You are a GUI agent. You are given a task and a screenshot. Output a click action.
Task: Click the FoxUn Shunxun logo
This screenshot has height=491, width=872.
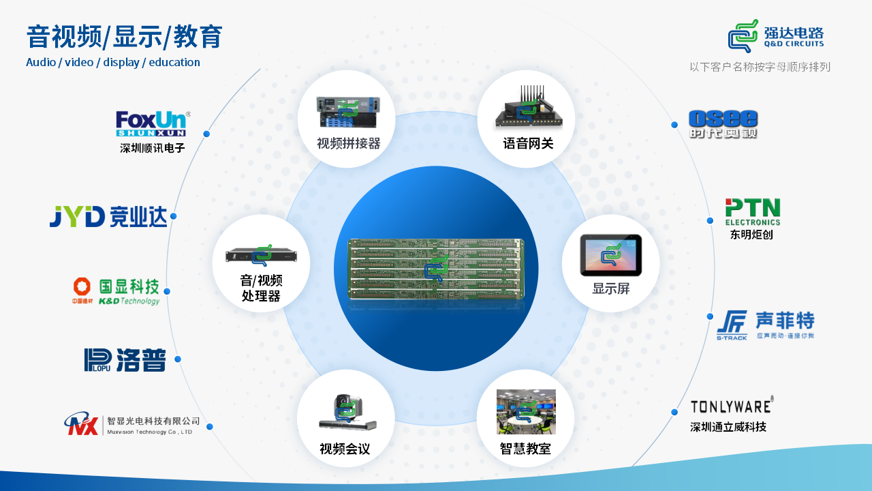click(152, 123)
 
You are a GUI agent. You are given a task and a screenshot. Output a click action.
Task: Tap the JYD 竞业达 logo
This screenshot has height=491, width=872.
click(108, 216)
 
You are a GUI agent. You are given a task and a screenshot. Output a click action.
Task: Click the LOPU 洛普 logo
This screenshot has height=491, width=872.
click(125, 359)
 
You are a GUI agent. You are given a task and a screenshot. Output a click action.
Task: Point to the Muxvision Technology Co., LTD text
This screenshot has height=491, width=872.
click(150, 432)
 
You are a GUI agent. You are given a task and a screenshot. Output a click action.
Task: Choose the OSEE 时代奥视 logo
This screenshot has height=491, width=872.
click(723, 124)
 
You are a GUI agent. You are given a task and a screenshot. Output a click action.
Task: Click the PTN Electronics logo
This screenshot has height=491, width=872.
click(752, 212)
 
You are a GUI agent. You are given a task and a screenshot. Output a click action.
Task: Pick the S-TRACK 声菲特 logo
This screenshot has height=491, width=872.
click(765, 325)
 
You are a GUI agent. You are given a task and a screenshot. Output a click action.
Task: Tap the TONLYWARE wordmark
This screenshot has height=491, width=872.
click(731, 406)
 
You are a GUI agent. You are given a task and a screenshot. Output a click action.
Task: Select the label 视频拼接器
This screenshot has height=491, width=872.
click(348, 143)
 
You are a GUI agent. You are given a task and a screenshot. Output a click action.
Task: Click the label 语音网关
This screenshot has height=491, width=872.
click(528, 143)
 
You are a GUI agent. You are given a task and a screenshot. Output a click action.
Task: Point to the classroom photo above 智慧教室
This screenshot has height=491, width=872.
click(526, 412)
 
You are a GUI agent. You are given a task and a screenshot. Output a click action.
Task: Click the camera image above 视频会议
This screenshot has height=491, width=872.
click(347, 413)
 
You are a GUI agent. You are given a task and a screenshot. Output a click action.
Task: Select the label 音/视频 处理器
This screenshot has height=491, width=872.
click(261, 288)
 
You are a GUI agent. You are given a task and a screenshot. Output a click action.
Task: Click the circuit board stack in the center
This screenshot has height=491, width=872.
click(436, 270)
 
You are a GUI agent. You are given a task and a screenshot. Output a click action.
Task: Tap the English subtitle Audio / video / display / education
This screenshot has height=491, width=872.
click(113, 63)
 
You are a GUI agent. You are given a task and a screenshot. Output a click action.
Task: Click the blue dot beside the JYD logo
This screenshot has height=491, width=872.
click(173, 216)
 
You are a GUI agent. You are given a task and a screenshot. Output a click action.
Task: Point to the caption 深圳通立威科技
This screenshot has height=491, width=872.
click(728, 428)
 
